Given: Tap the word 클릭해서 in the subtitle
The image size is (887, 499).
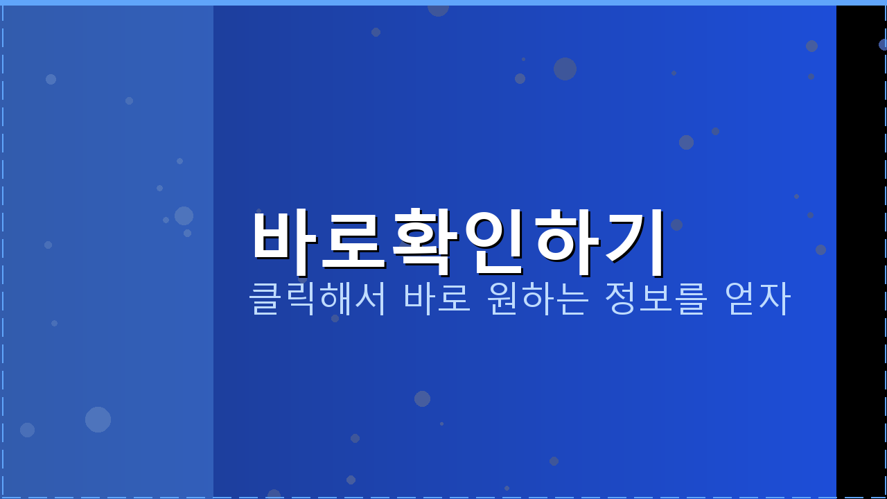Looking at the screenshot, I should (x=317, y=298).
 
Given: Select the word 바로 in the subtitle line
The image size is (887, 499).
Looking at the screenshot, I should (x=437, y=298).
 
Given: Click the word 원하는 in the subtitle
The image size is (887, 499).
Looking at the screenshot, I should (x=538, y=298).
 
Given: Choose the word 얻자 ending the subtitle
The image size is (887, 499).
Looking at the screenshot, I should (x=757, y=298).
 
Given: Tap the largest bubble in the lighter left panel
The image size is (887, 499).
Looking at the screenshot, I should (x=98, y=419).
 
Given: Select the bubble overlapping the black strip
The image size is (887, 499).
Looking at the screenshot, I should (x=884, y=44).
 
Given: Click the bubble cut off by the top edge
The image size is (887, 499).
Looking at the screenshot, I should (x=438, y=8).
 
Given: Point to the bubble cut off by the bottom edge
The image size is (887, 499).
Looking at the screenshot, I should (x=274, y=494).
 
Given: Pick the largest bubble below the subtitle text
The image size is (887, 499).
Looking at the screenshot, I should (x=422, y=399).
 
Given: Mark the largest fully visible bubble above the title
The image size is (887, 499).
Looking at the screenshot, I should (x=565, y=69).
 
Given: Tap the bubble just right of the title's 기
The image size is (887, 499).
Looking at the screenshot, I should (x=676, y=225).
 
